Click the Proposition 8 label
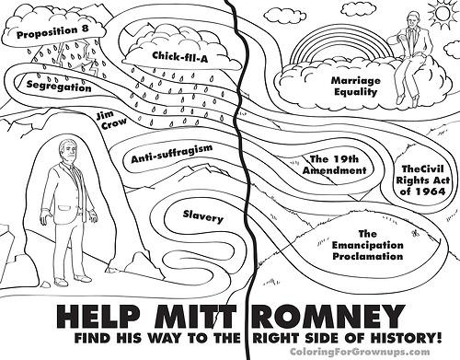point(52,32)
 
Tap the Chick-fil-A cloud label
point(179,56)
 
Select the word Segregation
point(59,86)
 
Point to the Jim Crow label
point(110,121)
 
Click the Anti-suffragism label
point(172,154)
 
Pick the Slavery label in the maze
point(203,216)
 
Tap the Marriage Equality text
point(355,87)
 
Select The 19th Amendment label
point(334,165)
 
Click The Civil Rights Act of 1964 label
point(422,180)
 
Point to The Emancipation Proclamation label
point(368,245)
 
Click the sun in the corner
point(443,13)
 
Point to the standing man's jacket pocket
point(64,207)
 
